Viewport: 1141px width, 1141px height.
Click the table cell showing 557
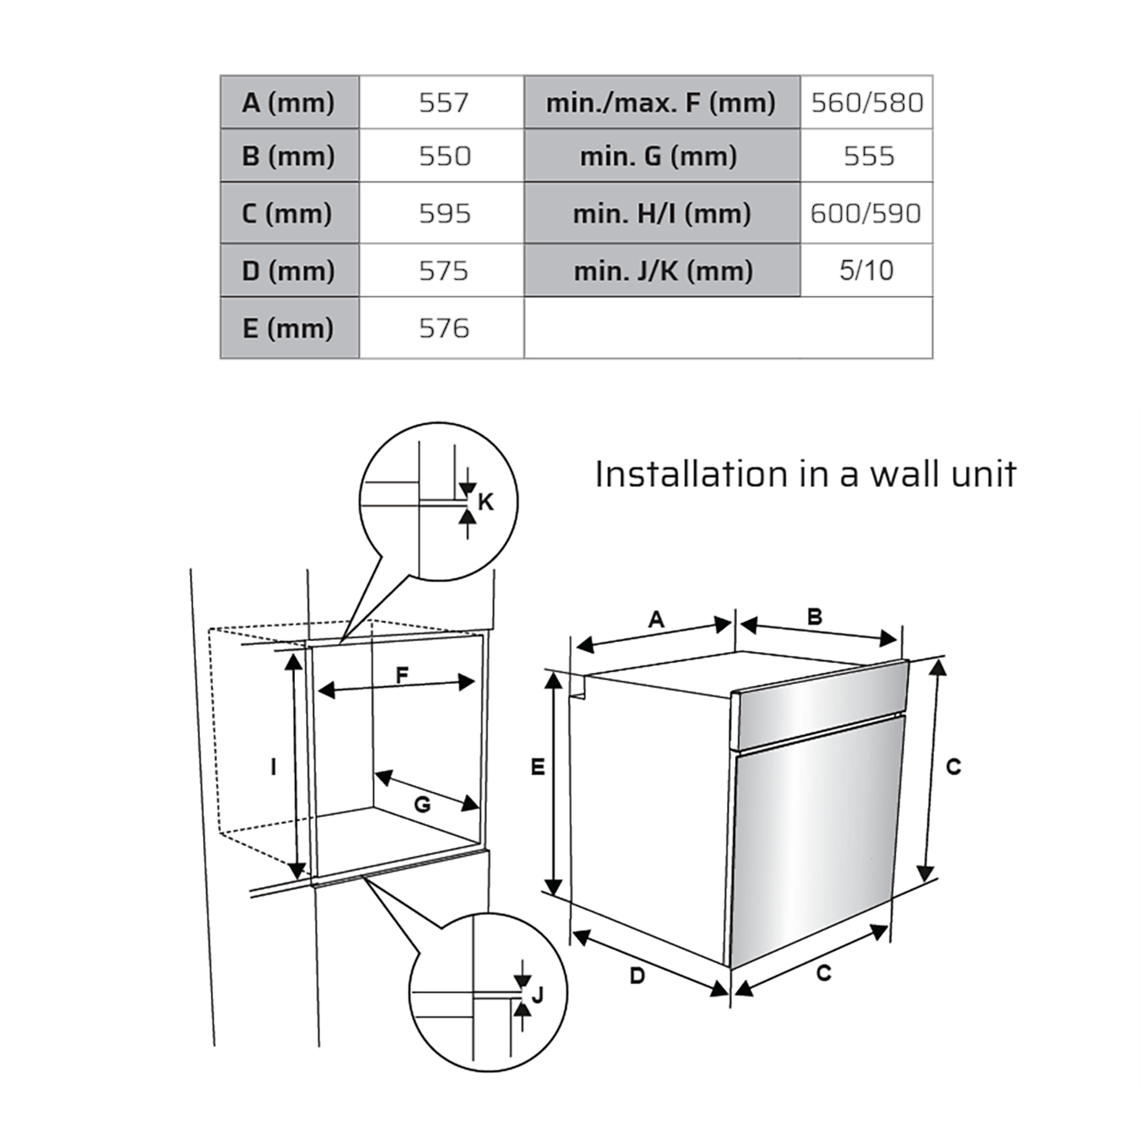(x=442, y=102)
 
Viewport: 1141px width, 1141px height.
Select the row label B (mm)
(x=289, y=155)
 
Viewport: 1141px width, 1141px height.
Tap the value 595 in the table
(x=442, y=213)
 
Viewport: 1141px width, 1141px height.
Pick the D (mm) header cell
(x=289, y=270)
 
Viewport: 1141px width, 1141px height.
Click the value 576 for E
(x=442, y=328)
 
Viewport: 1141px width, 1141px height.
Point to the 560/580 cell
(x=866, y=102)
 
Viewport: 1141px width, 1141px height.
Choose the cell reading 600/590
(x=866, y=213)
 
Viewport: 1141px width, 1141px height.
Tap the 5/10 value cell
(x=866, y=270)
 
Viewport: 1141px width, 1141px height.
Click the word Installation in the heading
(x=691, y=474)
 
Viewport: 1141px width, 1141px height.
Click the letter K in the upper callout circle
(x=485, y=502)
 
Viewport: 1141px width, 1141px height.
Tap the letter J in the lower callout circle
(x=538, y=994)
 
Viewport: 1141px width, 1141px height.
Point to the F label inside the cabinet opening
(x=402, y=674)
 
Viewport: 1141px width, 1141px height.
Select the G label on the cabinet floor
(x=422, y=804)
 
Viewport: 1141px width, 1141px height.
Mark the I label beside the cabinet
(x=274, y=767)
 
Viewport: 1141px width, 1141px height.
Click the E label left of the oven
(x=538, y=768)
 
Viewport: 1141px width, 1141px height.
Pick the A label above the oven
(x=656, y=620)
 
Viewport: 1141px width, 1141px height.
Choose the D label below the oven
(x=637, y=975)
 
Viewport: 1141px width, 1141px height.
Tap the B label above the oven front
(x=815, y=616)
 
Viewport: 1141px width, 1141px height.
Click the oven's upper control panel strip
(x=819, y=704)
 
